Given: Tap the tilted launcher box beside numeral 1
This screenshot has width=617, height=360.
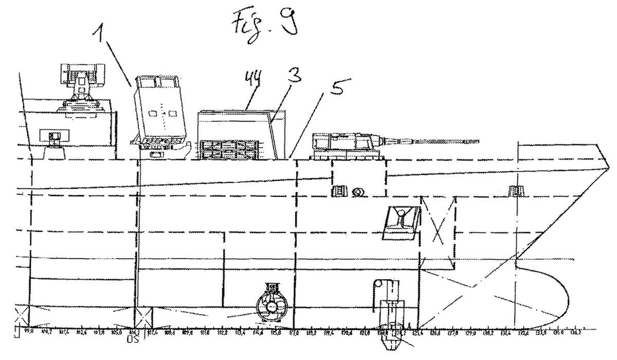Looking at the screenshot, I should click(160, 111).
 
